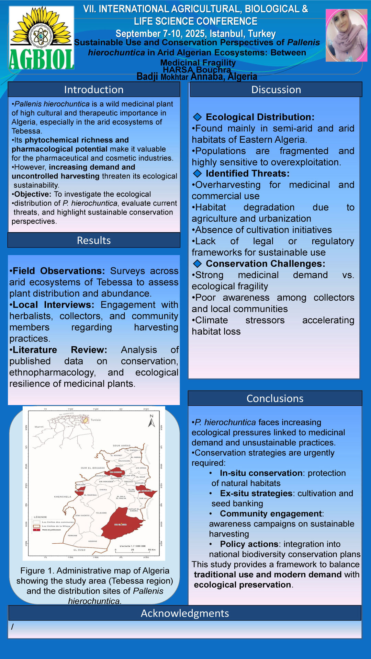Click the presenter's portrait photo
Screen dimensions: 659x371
[346, 35]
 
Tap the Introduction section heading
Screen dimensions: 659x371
[94, 90]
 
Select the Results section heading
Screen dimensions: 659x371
[94, 240]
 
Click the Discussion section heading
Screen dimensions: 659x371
[276, 90]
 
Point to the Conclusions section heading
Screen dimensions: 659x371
[275, 398]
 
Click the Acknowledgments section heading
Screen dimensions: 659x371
[185, 613]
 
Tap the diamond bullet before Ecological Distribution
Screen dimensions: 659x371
[197, 117]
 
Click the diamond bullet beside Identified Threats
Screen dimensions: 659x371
[197, 173]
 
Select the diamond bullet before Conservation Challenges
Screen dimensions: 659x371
[197, 264]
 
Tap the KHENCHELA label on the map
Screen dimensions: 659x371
[63, 497]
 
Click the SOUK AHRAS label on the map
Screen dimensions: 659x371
[122, 446]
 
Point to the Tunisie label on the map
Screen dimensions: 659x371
[96, 420]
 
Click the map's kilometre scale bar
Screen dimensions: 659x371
[135, 549]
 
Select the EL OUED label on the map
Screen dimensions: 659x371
[79, 550]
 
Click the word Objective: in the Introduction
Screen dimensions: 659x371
[33, 194]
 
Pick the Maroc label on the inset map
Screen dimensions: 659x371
[39, 427]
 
